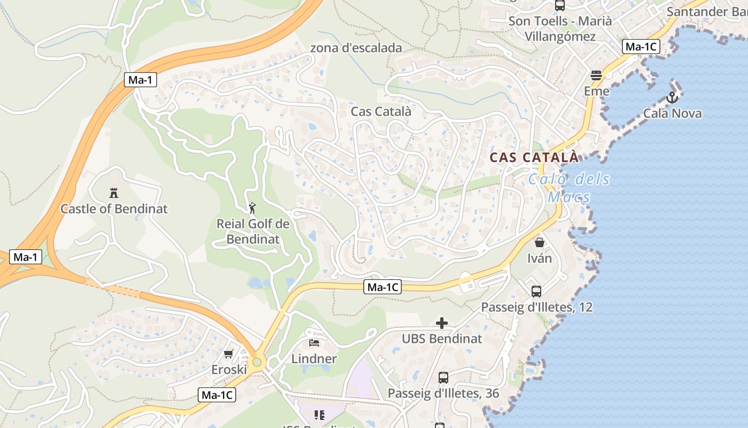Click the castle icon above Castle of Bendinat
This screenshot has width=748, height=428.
[113, 193]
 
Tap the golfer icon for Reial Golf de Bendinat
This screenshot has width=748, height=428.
[253, 208]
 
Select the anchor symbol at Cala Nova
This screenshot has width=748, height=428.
[672, 97]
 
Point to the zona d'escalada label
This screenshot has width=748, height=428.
[356, 48]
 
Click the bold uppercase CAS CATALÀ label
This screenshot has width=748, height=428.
[534, 157]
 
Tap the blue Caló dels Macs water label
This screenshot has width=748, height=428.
[569, 188]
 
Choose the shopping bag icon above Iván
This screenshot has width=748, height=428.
[540, 242]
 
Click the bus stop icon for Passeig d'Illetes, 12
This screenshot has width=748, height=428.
[536, 292]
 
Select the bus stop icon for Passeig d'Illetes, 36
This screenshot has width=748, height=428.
[443, 378]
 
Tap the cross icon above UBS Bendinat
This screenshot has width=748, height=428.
[442, 323]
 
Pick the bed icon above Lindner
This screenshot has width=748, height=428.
[314, 342]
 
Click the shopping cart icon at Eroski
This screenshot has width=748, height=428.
[229, 354]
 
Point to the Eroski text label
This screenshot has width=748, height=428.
[229, 370]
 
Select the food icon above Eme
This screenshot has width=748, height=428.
[596, 75]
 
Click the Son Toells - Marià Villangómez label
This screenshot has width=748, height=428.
[560, 29]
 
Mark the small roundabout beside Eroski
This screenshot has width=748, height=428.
[257, 362]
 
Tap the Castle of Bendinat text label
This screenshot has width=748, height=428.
[114, 209]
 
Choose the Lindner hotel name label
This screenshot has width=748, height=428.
[314, 358]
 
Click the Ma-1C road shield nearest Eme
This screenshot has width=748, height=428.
[641, 47]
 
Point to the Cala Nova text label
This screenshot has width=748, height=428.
[672, 113]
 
